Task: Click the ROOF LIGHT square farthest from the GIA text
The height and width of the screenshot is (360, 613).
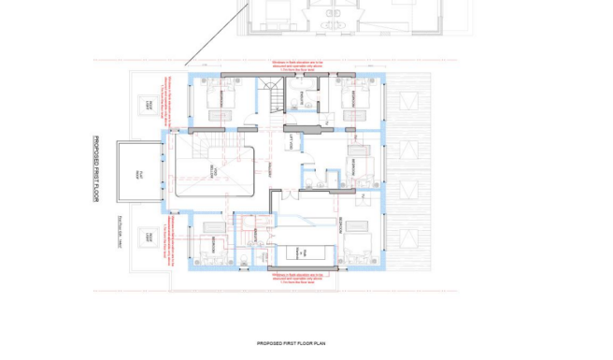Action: (146, 104)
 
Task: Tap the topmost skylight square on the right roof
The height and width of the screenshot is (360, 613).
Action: (408, 100)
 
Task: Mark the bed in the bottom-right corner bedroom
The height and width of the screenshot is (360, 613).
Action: (355, 245)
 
